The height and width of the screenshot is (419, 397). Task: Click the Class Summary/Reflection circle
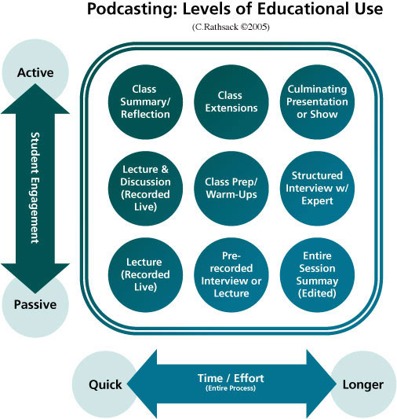[x=145, y=102]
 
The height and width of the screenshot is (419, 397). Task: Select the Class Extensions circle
[x=231, y=102]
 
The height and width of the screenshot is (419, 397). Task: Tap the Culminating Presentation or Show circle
[x=317, y=102]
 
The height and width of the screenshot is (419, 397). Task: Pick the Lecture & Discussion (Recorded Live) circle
[x=145, y=188]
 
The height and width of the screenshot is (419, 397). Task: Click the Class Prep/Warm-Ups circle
[x=231, y=188]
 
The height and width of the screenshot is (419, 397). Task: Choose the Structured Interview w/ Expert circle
[x=317, y=188]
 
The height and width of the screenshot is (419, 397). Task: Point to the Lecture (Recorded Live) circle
[x=145, y=274]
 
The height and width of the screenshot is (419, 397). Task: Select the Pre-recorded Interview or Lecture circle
[x=231, y=274]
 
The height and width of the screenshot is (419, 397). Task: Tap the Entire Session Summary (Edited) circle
[x=317, y=274]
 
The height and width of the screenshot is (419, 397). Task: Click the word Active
[x=35, y=72]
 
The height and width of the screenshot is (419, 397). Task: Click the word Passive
[x=35, y=304]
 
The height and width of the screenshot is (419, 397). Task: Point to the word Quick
[x=105, y=385]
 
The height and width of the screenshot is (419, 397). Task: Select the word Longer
[x=363, y=385]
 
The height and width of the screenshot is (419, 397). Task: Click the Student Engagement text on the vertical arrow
[x=35, y=188]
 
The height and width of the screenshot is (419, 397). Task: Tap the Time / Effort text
[x=231, y=378]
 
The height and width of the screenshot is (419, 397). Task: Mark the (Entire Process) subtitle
[x=231, y=388]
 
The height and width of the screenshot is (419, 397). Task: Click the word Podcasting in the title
[x=133, y=9]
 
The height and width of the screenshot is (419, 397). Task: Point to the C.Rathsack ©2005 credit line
[x=231, y=27]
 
